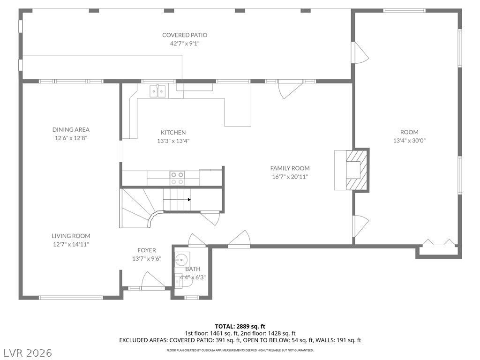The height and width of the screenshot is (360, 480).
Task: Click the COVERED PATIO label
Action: [x=185, y=35]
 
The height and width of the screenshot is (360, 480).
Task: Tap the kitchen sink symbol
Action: [x=157, y=91]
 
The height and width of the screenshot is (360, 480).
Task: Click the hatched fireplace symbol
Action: [x=356, y=170]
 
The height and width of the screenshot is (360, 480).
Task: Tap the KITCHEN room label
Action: [x=173, y=133]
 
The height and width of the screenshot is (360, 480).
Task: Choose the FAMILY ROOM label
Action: [x=290, y=168]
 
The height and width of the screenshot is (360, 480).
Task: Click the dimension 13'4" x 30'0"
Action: [x=409, y=141]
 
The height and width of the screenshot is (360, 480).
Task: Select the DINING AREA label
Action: [x=71, y=129]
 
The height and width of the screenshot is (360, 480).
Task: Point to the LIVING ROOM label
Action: [x=71, y=236]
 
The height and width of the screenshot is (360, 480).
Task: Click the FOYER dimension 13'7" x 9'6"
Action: [x=147, y=259]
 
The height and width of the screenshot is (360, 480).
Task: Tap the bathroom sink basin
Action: [x=182, y=259]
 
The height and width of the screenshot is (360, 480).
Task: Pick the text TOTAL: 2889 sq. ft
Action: [x=240, y=326]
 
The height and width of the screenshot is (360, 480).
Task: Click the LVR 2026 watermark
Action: [x=26, y=352]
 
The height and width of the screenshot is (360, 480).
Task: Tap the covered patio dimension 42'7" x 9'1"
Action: [x=185, y=44]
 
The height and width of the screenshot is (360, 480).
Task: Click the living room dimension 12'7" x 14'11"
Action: [x=71, y=244]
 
